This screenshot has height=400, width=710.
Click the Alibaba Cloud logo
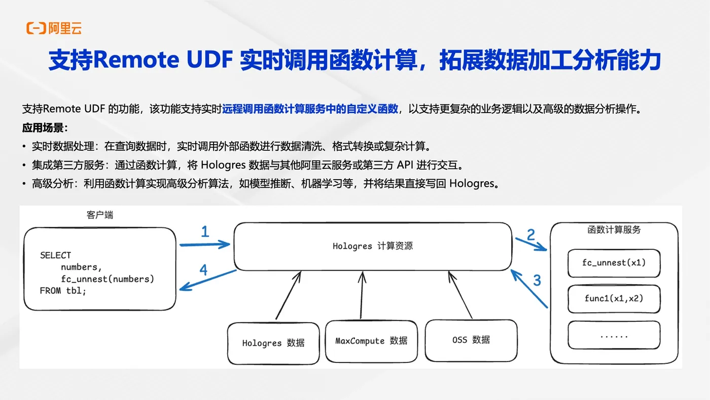click(x=54, y=28)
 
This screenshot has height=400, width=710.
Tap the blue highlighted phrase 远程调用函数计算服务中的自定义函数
click(x=310, y=109)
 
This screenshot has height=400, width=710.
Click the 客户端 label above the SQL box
click(x=100, y=215)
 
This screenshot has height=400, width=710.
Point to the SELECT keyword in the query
click(x=55, y=255)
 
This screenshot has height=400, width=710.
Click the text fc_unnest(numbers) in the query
click(x=108, y=279)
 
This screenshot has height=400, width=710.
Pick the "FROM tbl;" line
click(x=63, y=291)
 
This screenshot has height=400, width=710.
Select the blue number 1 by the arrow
click(x=205, y=231)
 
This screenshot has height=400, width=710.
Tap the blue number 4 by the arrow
click(x=203, y=270)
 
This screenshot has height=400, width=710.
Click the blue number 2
click(x=531, y=235)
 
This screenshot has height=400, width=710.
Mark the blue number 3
click(x=537, y=280)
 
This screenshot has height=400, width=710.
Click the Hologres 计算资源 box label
click(x=373, y=246)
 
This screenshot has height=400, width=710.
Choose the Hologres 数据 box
click(x=273, y=343)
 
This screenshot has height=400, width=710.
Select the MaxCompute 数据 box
click(x=371, y=341)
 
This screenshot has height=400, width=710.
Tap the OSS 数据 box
click(x=471, y=341)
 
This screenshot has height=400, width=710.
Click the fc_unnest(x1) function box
click(x=614, y=263)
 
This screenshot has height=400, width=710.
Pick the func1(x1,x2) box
click(x=614, y=299)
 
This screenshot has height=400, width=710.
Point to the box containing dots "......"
click(x=614, y=335)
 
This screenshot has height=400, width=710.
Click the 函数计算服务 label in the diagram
click(x=614, y=229)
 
